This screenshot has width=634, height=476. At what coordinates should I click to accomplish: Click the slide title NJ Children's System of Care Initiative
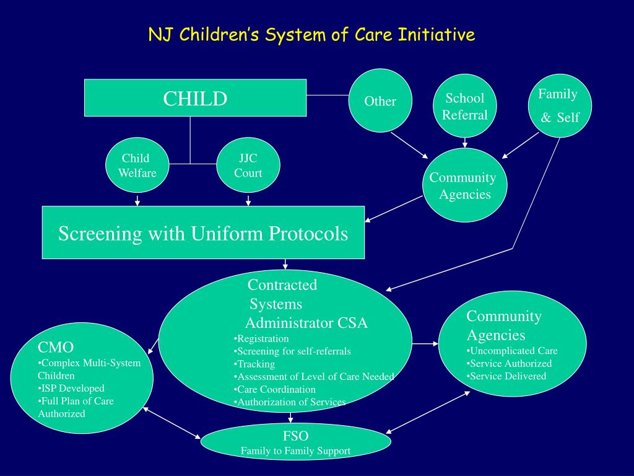point(311,34)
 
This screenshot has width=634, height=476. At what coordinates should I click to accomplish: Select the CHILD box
point(195,98)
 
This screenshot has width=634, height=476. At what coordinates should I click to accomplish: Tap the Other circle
point(380,101)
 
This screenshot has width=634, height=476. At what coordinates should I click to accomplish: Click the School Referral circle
point(465,106)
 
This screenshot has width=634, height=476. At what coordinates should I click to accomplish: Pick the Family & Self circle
point(560,105)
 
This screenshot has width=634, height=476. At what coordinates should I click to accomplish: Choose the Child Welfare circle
point(137,165)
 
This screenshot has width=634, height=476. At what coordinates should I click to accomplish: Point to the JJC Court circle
point(248,165)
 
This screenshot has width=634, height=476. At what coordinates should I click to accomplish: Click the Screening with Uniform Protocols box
point(203,233)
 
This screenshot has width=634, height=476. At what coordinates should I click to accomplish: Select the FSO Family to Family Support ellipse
point(296,443)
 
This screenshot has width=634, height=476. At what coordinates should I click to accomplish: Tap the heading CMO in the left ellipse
point(56,347)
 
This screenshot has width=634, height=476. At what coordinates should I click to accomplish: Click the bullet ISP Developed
point(71,388)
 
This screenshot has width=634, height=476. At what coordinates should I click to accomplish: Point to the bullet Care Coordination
point(276,389)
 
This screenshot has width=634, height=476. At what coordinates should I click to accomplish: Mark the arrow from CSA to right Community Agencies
point(425,343)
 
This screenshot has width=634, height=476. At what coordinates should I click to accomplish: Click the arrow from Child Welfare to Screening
point(137,201)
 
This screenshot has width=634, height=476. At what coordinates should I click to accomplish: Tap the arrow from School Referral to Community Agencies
point(464,143)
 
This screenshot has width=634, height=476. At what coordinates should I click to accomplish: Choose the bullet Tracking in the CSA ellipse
point(255,364)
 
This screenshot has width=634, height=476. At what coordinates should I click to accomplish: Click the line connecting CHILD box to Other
point(328,95)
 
